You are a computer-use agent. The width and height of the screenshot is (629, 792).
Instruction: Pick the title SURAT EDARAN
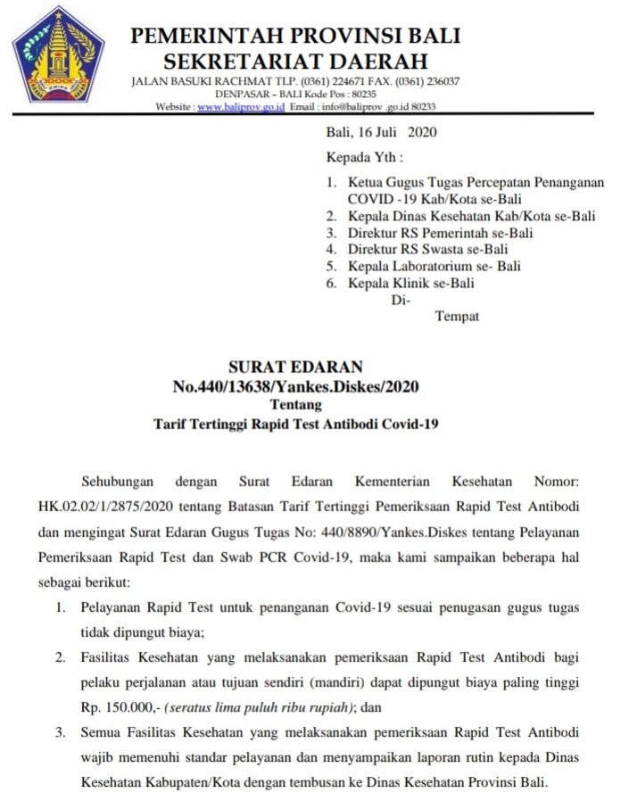(x=295, y=367)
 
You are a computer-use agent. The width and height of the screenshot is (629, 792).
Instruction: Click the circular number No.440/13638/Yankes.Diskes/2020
(x=295, y=386)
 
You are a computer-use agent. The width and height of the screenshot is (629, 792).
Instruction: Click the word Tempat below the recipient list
(x=457, y=317)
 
